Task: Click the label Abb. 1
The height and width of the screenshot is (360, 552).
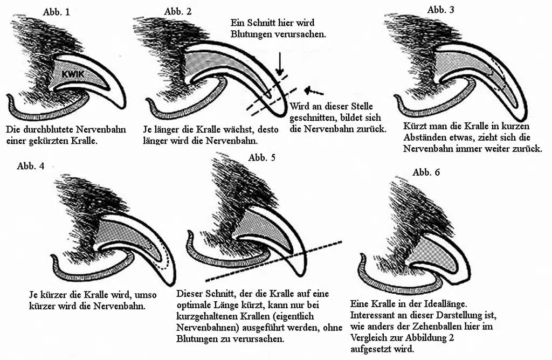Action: (57, 12)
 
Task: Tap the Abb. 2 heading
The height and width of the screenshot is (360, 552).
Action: (178, 11)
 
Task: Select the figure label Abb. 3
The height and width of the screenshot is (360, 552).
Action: (441, 10)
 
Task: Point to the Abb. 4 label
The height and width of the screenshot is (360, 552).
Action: (31, 166)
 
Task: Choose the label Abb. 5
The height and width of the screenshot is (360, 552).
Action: (262, 157)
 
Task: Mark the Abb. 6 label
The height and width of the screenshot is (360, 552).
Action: (426, 172)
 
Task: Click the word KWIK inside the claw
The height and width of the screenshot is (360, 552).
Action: (73, 74)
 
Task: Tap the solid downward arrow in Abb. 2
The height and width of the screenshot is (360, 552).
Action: (279, 64)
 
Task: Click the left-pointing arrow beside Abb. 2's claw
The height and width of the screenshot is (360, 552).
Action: (313, 91)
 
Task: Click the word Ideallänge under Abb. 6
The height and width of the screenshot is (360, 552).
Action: (445, 303)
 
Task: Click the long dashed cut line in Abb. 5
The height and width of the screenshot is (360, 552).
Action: (273, 261)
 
